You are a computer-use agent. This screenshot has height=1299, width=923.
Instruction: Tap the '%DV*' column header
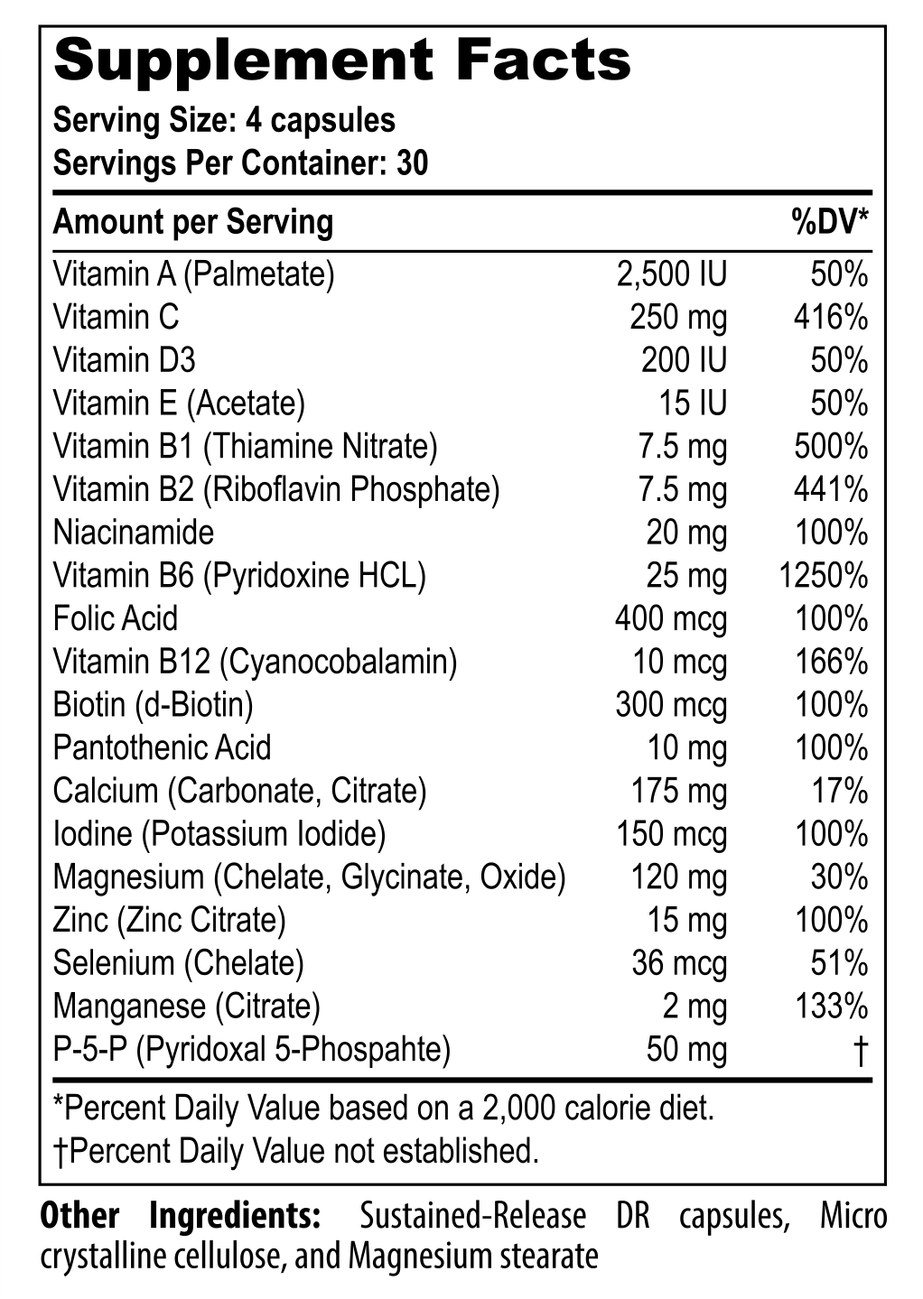[x=830, y=222]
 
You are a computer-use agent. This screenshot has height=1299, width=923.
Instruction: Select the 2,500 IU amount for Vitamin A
[x=671, y=274]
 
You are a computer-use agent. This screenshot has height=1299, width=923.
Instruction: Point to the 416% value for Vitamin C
[x=830, y=318]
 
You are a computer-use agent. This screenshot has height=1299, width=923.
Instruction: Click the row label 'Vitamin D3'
[x=124, y=361]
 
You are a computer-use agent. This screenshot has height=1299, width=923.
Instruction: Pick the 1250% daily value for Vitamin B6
[x=823, y=576]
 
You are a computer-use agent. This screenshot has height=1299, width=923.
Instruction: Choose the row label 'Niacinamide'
[x=133, y=533]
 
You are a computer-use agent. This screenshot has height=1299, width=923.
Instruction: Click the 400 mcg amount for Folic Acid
[x=670, y=619]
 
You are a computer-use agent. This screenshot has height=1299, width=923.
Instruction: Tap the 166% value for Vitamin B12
[x=831, y=663]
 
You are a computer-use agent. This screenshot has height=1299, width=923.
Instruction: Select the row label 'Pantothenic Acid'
[x=162, y=748]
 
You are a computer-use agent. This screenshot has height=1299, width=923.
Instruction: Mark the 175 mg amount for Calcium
[x=678, y=792]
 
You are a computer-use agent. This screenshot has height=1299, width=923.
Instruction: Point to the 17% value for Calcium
[x=839, y=792]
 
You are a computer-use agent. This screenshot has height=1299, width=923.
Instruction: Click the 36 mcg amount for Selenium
[x=679, y=964]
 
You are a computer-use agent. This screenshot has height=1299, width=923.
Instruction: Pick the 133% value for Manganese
[x=831, y=1007]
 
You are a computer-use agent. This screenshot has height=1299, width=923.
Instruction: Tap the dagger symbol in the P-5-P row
[x=860, y=1050]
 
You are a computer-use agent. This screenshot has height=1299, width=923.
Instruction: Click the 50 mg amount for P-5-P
[x=686, y=1050]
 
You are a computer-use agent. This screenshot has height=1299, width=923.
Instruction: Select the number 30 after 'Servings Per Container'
[x=412, y=164]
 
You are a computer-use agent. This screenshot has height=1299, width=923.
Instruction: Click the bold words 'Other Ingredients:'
[x=180, y=1216]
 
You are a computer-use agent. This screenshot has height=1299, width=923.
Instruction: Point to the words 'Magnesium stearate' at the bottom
[x=473, y=1257]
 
